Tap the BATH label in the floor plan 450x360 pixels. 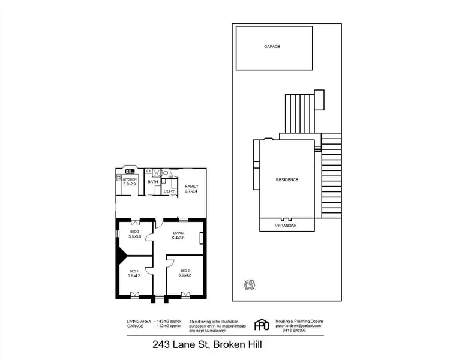coord(152,182)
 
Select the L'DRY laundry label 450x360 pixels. coord(169,191)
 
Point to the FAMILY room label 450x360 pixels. coord(191,186)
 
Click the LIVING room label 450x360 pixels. coord(178,233)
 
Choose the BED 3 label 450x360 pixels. coord(134,232)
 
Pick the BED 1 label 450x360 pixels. coord(134,271)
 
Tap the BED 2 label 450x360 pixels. coord(184,271)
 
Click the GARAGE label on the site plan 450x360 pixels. coord(272,46)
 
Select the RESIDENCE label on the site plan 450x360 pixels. coord(287,180)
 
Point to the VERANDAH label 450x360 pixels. coord(287,226)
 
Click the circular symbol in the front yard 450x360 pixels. coord(248,284)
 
